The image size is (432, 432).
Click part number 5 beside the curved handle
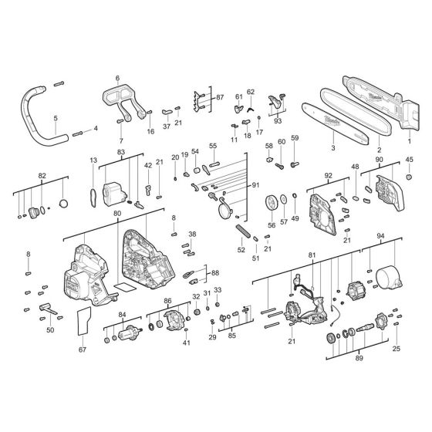click(56, 118)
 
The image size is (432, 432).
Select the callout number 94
click(380, 237)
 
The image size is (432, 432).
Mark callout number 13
click(93, 160)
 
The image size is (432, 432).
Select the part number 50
click(51, 330)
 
